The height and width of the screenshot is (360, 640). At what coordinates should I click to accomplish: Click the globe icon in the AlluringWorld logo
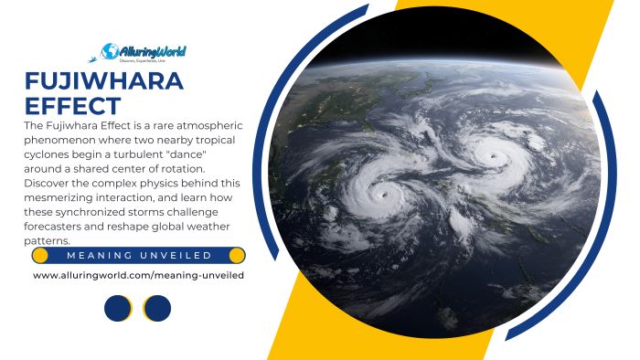(x=112, y=50)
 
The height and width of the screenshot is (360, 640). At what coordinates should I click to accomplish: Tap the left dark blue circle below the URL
(x=118, y=308)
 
